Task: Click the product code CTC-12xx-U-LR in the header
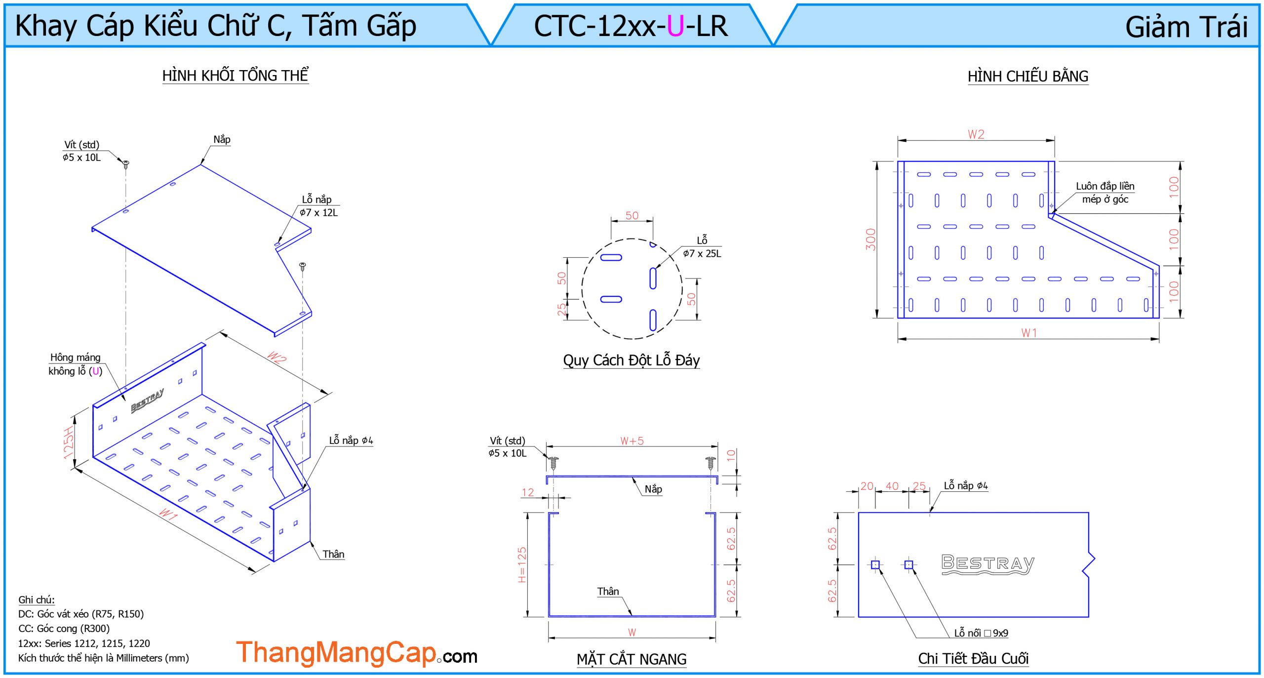click(x=631, y=26)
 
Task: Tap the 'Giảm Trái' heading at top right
click(x=1186, y=27)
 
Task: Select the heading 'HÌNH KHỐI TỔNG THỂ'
click(x=236, y=75)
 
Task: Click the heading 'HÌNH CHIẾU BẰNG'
click(x=1028, y=76)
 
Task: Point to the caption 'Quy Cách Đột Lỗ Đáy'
click(x=632, y=360)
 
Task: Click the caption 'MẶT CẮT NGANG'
click(x=632, y=659)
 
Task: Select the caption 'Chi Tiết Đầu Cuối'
click(x=973, y=658)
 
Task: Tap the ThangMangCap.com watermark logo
click(x=356, y=653)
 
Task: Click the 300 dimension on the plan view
click(x=870, y=239)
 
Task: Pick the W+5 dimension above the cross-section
click(x=632, y=441)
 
